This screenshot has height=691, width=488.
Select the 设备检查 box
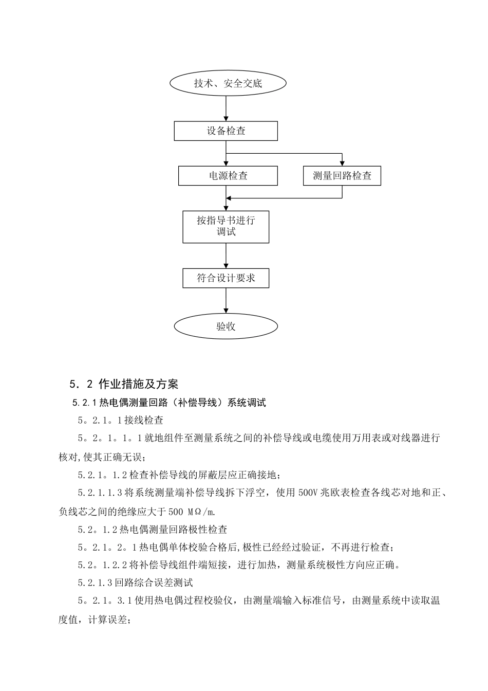[x=226, y=131]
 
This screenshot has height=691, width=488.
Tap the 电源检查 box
[x=228, y=176]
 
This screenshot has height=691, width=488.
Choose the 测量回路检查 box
[x=342, y=176]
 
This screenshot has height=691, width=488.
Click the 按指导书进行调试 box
[x=226, y=226]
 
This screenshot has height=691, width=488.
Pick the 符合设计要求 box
[x=226, y=278]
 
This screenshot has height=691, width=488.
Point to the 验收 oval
[x=226, y=326]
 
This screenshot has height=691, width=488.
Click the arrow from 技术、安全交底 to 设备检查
[x=226, y=108]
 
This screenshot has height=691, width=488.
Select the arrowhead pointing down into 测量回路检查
[x=342, y=162]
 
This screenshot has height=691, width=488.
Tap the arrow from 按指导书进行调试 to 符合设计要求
[x=226, y=256]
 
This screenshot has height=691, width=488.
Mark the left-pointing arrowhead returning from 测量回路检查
[x=230, y=198]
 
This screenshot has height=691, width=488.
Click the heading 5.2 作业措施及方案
[x=123, y=384]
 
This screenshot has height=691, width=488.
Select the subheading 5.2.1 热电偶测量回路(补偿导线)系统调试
[x=170, y=403]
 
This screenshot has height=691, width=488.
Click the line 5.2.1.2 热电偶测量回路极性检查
[x=153, y=529]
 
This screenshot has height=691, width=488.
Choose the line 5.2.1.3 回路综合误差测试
[x=136, y=583]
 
